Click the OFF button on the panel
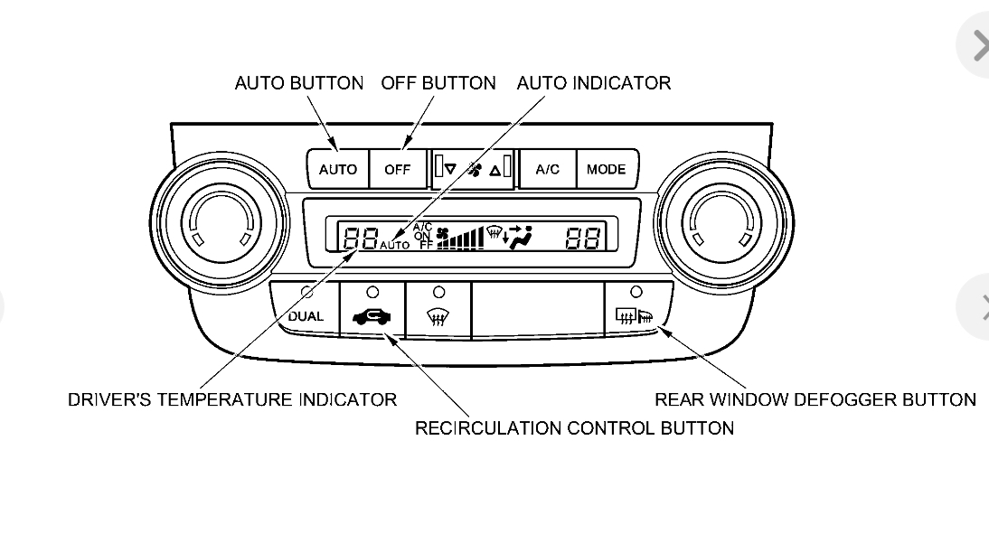click(x=397, y=169)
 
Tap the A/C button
click(x=547, y=169)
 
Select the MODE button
click(x=606, y=169)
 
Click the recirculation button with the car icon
click(x=372, y=315)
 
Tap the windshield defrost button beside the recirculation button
click(x=438, y=316)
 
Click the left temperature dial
click(x=220, y=220)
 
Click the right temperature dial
click(x=723, y=220)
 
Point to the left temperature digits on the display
click(x=360, y=238)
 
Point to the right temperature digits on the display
click(x=583, y=238)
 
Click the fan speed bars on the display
click(x=460, y=239)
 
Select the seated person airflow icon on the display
click(x=519, y=237)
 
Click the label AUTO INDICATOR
click(x=594, y=83)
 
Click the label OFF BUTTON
click(x=438, y=83)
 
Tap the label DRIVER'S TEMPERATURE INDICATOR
click(x=232, y=399)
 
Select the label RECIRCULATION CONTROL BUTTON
click(x=574, y=428)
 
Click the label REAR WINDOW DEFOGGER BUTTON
click(x=815, y=399)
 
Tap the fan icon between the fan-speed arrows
click(x=474, y=168)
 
